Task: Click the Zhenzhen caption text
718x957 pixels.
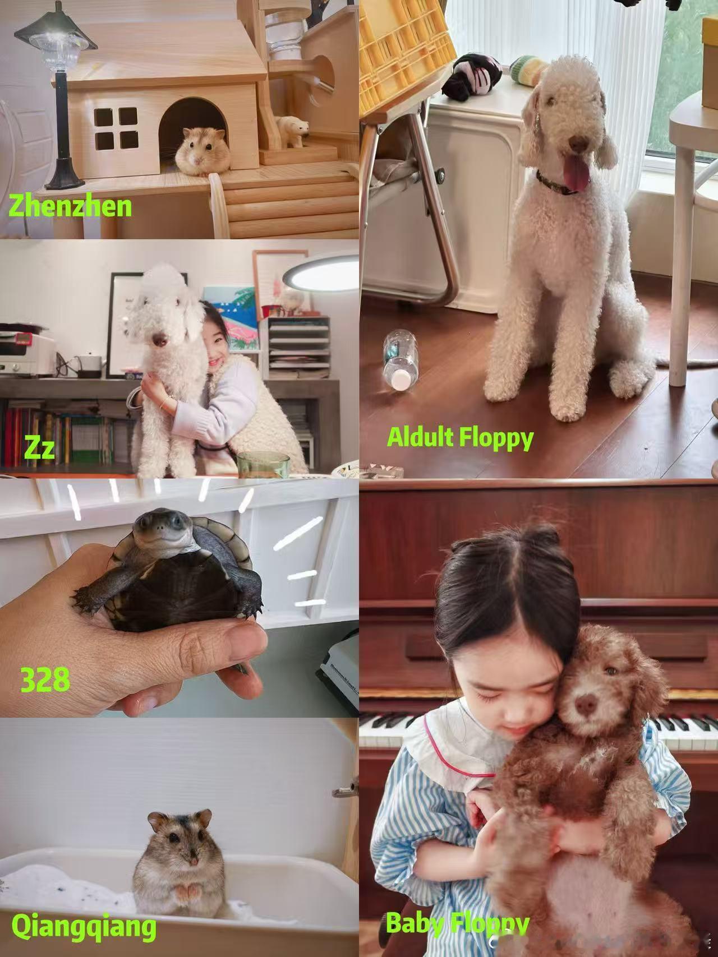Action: (71, 207)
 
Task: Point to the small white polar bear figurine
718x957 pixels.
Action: (293, 131)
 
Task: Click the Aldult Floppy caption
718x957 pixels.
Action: (460, 438)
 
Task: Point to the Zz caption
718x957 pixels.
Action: (40, 449)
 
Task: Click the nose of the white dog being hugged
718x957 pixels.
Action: (160, 340)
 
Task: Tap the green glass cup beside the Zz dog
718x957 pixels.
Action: (263, 465)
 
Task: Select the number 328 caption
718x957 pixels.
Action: (45, 679)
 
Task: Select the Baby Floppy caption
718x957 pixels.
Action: (458, 923)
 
